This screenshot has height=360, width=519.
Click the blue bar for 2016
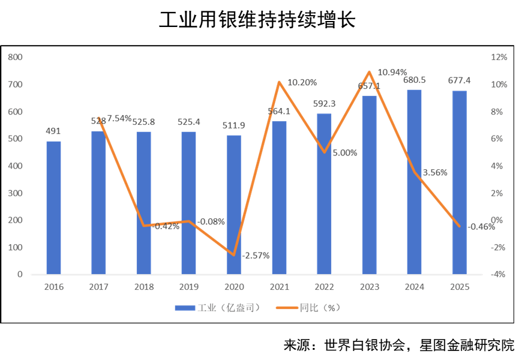pyautogui.click(x=54, y=208)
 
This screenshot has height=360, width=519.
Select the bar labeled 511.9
pyautogui.click(x=234, y=205)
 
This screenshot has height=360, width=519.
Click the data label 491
pyautogui.click(x=54, y=131)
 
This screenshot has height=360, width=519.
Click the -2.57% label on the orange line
pyautogui.click(x=256, y=255)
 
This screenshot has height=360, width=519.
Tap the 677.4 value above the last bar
pyautogui.click(x=460, y=80)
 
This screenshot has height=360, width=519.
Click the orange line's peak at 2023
pyautogui.click(x=370, y=72)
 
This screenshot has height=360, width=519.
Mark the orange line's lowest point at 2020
pyautogui.click(x=234, y=255)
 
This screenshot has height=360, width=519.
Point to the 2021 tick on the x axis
pyautogui.click(x=280, y=287)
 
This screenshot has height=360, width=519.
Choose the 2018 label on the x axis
pyautogui.click(x=144, y=287)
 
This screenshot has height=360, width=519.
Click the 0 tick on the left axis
pyautogui.click(x=20, y=274)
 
